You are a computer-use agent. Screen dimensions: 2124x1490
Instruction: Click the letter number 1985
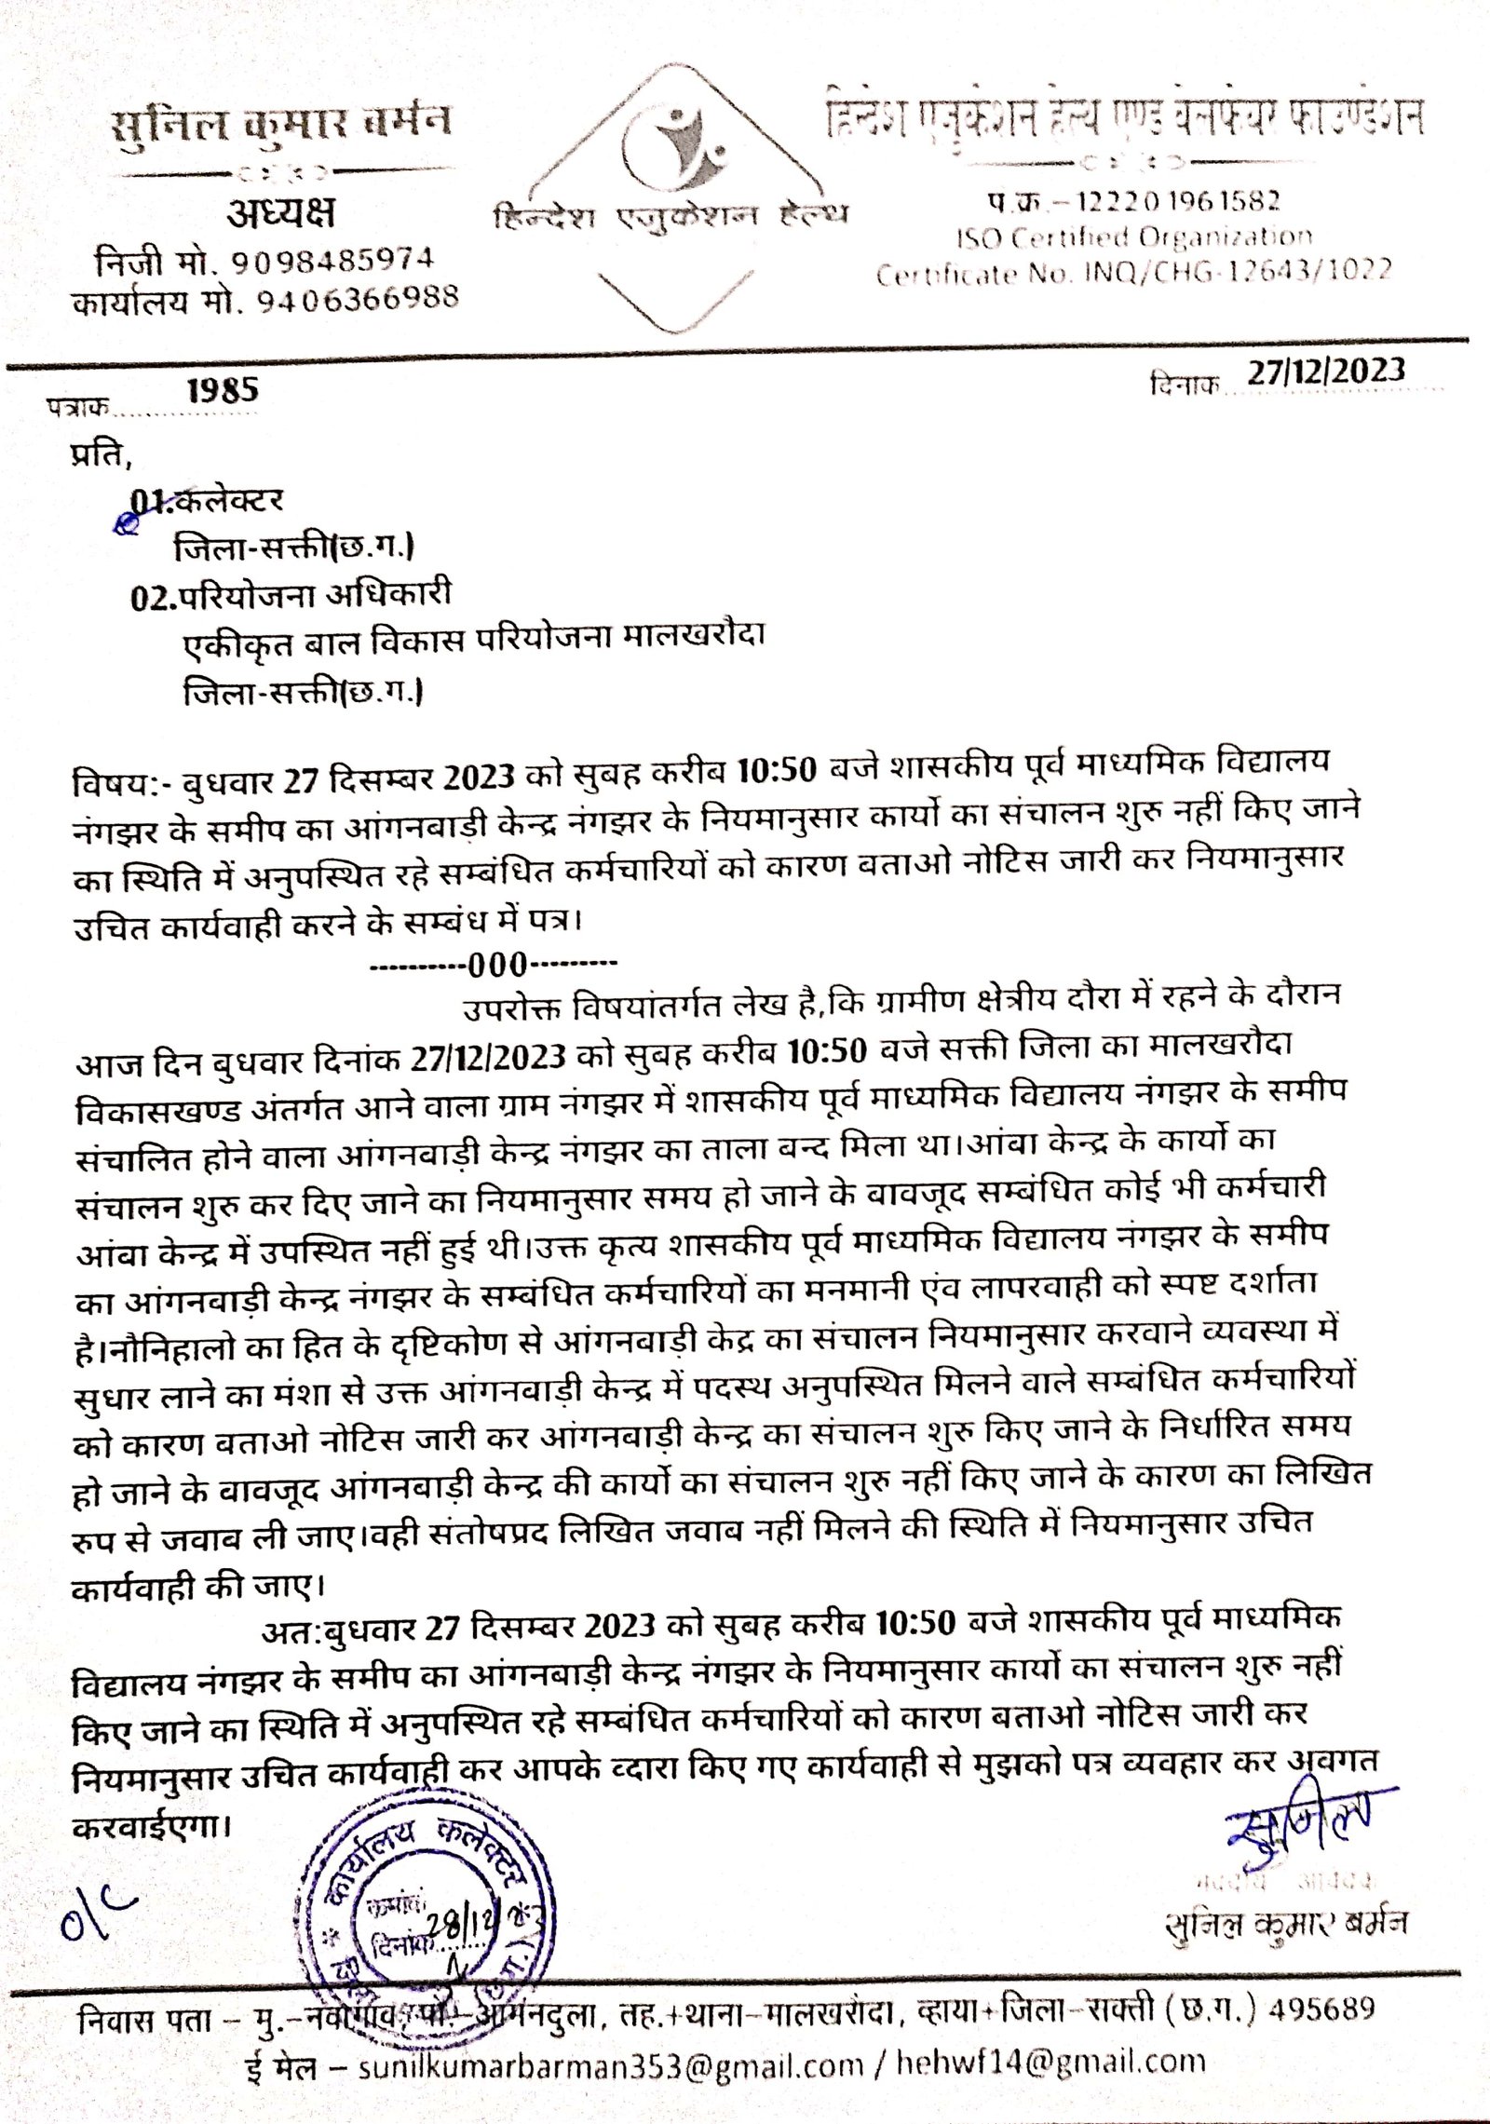pyautogui.click(x=222, y=391)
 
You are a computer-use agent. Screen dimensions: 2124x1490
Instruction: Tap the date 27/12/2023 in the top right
pyautogui.click(x=1326, y=372)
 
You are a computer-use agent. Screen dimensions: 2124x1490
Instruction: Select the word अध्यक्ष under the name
pyautogui.click(x=281, y=214)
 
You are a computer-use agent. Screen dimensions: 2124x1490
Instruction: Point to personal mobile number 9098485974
pyautogui.click(x=332, y=261)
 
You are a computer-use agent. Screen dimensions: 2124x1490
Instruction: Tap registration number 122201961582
pyautogui.click(x=1177, y=201)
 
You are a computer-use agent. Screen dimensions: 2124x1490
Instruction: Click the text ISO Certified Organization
pyautogui.click(x=1134, y=238)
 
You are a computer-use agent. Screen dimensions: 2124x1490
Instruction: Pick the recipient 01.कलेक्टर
pyautogui.click(x=207, y=502)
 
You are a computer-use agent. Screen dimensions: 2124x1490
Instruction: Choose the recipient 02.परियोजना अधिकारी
pyautogui.click(x=291, y=595)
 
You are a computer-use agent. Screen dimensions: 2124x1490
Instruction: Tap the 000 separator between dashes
pyautogui.click(x=498, y=965)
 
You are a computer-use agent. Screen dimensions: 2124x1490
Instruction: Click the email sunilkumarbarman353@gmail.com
pyautogui.click(x=611, y=2065)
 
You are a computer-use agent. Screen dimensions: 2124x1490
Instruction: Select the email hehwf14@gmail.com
pyautogui.click(x=1050, y=2062)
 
